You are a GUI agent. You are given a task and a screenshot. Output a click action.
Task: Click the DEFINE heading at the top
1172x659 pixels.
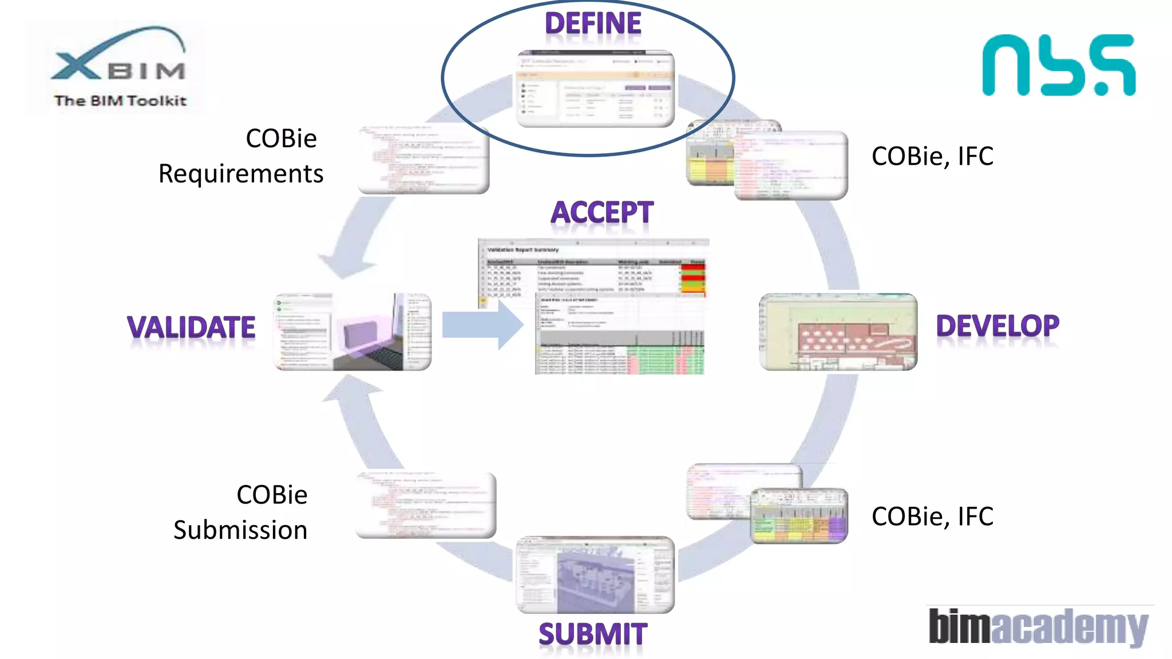(593, 24)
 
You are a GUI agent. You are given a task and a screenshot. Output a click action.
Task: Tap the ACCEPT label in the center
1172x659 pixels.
(601, 213)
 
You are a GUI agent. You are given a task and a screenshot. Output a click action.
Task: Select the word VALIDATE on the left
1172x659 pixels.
(191, 328)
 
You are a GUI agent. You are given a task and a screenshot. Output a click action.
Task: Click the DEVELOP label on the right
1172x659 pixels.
(997, 326)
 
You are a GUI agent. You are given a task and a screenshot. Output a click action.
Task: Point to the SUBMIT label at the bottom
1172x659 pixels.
(593, 634)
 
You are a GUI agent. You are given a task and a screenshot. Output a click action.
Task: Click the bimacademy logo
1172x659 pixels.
(1038, 626)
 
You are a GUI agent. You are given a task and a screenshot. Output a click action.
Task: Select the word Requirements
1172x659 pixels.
(241, 174)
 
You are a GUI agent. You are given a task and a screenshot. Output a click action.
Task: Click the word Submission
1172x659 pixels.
(241, 530)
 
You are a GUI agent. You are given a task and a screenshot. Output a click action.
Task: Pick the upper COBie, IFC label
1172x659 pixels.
(932, 156)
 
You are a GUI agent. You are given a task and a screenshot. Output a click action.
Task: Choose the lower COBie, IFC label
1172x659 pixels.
(932, 517)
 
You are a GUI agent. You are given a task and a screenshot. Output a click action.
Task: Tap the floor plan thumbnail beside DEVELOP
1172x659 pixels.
(838, 332)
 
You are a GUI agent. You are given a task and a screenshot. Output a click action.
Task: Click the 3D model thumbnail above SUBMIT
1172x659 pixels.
(595, 575)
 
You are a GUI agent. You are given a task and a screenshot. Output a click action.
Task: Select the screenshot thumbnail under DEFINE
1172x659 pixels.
(595, 89)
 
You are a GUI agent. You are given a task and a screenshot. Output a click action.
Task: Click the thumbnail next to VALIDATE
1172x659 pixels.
(353, 332)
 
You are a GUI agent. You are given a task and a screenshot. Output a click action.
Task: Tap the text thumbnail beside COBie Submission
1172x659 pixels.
(426, 505)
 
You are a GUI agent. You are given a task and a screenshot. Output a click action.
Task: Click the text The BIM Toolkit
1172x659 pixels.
(120, 101)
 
